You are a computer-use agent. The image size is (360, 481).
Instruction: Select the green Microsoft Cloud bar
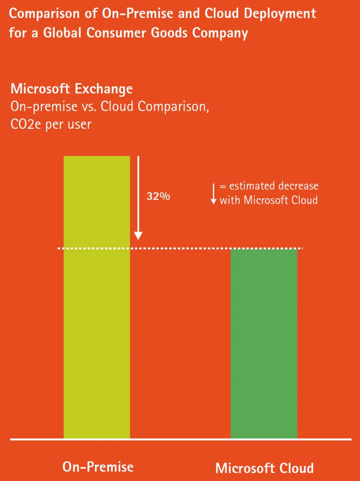tap(264, 343)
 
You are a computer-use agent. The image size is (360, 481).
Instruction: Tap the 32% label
tap(158, 196)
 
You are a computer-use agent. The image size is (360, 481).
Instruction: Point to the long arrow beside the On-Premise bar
tap(138, 197)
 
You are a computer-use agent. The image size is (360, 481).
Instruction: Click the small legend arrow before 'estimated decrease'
tap(213, 194)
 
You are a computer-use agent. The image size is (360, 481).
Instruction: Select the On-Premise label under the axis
tap(98, 466)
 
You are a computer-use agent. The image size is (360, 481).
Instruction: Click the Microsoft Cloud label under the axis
tap(264, 468)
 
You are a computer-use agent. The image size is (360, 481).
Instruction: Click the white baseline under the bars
tap(180, 440)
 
